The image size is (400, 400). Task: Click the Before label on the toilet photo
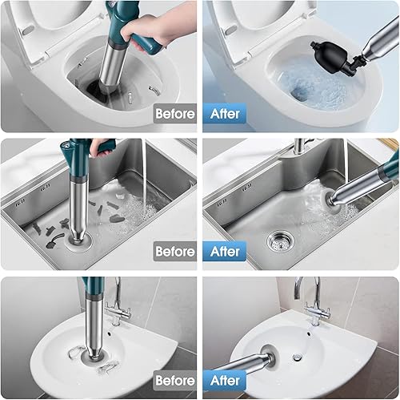[x=174, y=113]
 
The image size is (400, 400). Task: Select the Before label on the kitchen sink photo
[x=174, y=251]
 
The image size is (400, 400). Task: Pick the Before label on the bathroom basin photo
[x=174, y=380]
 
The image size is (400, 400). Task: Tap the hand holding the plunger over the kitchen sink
[x=102, y=146]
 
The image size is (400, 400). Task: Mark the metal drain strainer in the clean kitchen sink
[x=276, y=238]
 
